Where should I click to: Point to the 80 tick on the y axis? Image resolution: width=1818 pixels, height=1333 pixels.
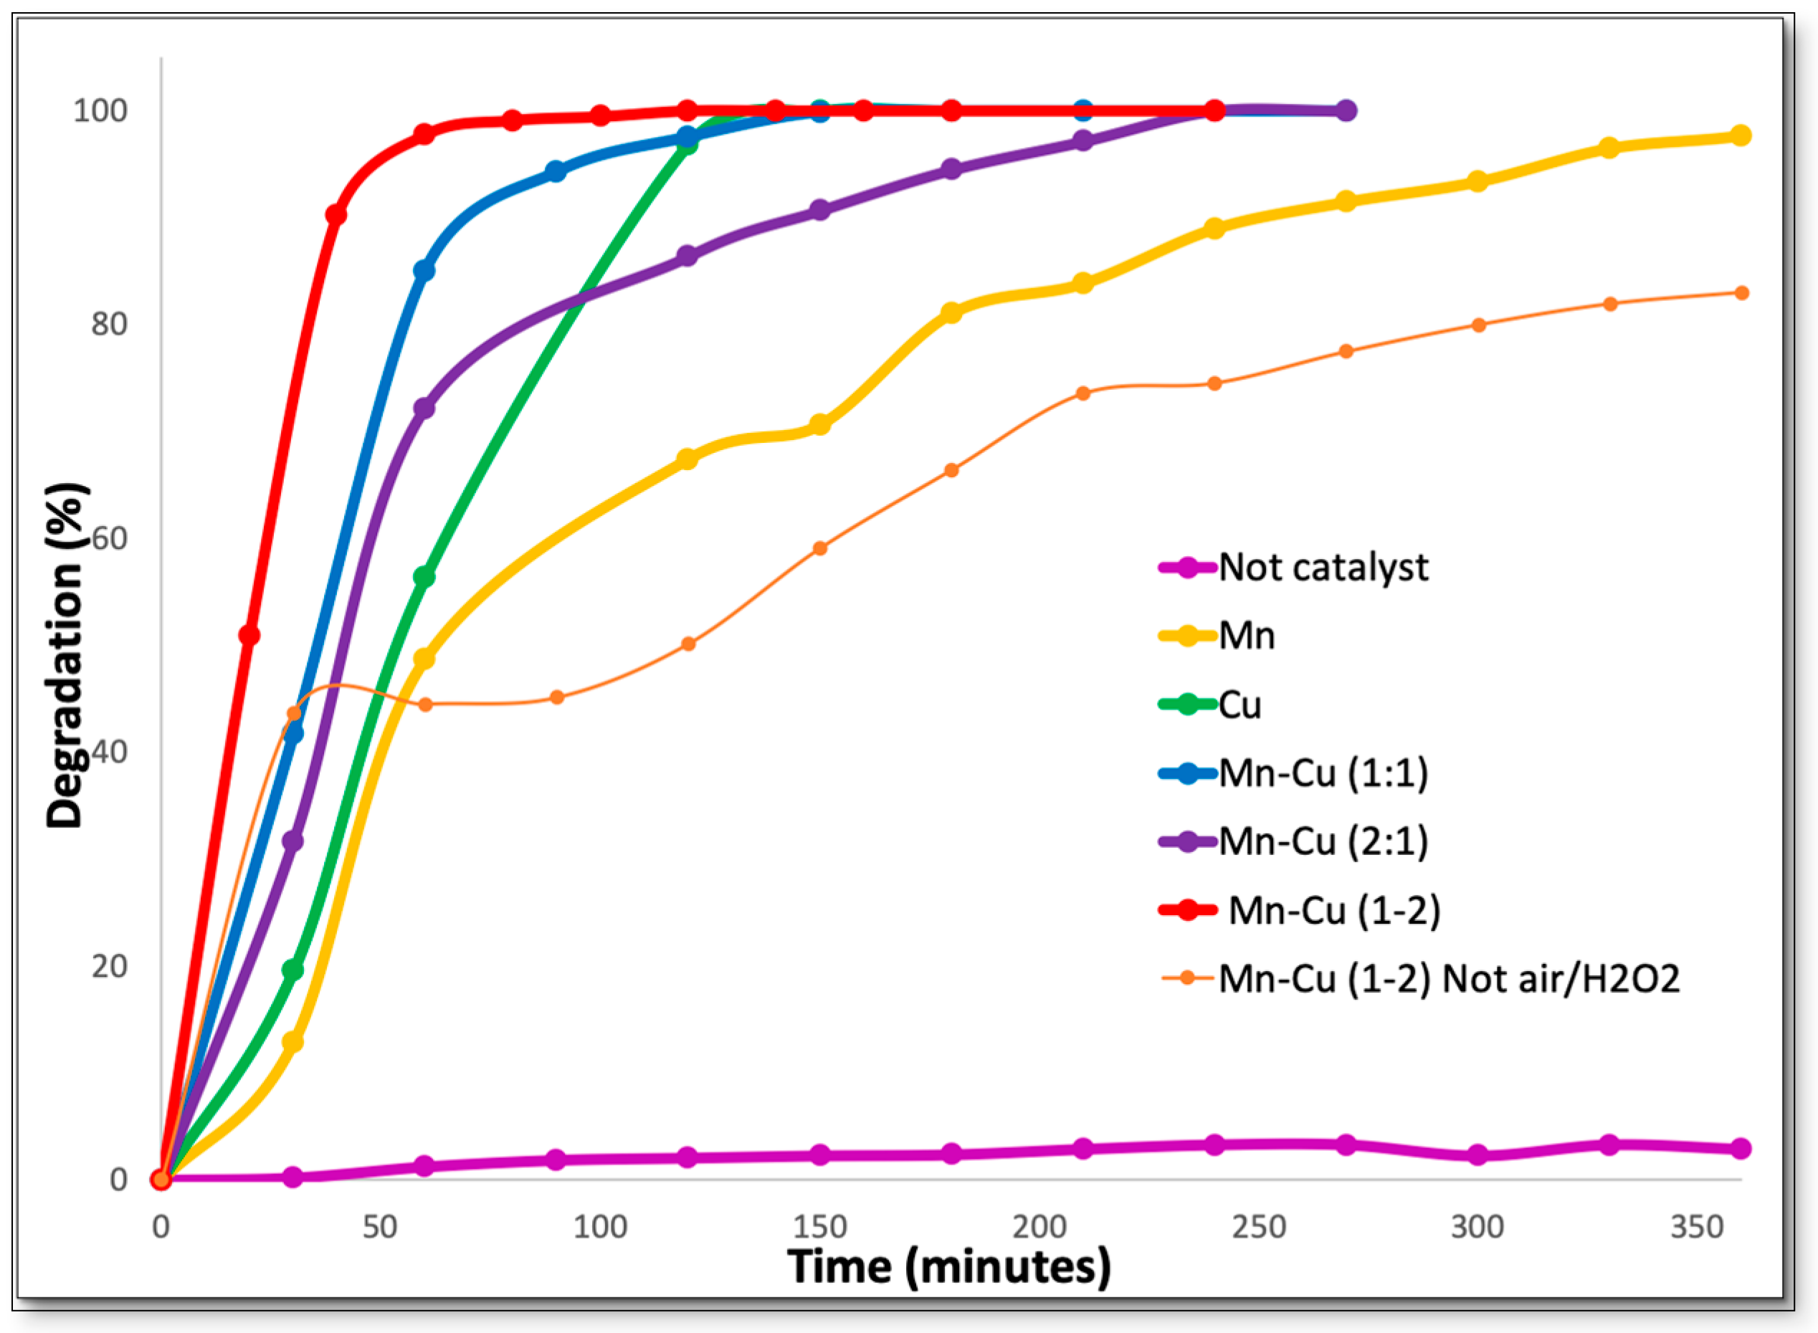(110, 325)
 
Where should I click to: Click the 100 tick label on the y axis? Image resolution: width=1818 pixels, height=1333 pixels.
(101, 111)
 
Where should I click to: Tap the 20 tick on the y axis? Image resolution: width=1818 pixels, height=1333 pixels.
(110, 967)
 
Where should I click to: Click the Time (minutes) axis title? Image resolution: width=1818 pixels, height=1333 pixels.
(949, 1267)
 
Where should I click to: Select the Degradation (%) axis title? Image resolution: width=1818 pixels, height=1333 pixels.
(65, 655)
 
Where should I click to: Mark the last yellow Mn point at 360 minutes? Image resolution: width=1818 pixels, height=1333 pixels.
(1741, 135)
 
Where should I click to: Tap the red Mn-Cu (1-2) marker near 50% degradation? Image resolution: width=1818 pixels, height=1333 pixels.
(249, 636)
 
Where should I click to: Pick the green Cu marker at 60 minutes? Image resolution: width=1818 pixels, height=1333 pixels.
(424, 577)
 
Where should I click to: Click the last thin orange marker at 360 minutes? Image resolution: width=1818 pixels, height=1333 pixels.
(1741, 293)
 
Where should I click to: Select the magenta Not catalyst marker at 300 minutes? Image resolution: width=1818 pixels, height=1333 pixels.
(1477, 1155)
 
